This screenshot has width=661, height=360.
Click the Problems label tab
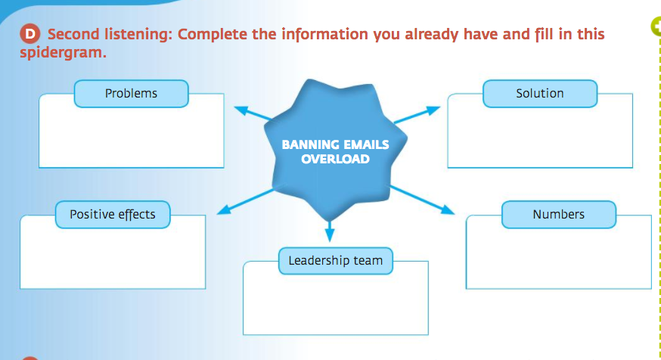click(131, 94)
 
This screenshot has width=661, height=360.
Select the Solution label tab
click(540, 94)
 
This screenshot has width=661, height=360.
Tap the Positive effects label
click(113, 215)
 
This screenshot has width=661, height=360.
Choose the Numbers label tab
click(558, 215)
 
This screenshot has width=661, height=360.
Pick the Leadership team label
click(335, 261)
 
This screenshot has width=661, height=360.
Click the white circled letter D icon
click(29, 34)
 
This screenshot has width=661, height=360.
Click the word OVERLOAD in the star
click(335, 159)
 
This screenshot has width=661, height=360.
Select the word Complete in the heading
click(213, 35)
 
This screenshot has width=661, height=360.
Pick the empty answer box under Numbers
click(558, 257)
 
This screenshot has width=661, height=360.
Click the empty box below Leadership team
click(335, 303)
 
